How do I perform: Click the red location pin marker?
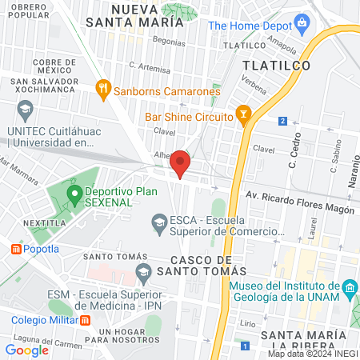(x=180, y=163)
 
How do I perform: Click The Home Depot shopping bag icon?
(x=302, y=24)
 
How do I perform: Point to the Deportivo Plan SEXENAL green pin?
(x=74, y=193)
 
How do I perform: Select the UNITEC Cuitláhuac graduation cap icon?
(x=25, y=108)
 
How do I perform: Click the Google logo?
(x=26, y=350)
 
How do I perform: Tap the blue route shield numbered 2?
(x=282, y=122)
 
